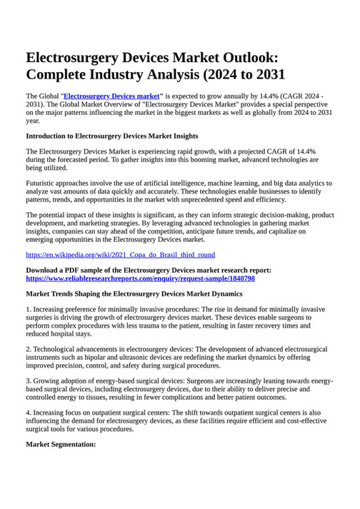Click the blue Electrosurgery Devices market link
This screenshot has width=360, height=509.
tap(111, 95)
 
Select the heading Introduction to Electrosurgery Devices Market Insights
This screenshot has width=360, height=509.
tap(112, 136)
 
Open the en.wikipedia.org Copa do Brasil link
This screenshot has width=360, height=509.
tap(120, 254)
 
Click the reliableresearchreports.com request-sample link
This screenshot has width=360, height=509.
tap(140, 278)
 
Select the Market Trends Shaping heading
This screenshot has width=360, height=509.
tap(134, 293)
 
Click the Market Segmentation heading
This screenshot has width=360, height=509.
tap(61, 444)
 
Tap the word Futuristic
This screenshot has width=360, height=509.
tap(45, 183)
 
